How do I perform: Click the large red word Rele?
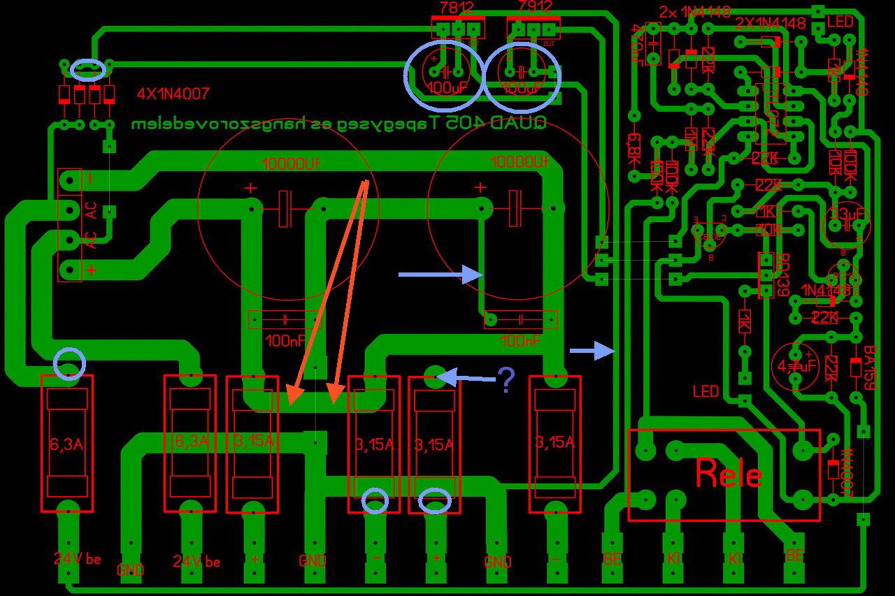coord(729,474)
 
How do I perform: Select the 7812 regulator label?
coord(456,8)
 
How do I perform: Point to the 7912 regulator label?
coord(535,7)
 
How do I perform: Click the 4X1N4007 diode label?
coord(173,93)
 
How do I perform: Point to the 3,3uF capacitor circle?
coord(847,223)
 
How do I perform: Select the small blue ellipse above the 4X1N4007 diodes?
coord(88,68)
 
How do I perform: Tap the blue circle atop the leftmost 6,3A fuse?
coord(69,364)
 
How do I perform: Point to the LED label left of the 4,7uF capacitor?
coord(706,391)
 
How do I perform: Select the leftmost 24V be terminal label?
coord(77,559)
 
